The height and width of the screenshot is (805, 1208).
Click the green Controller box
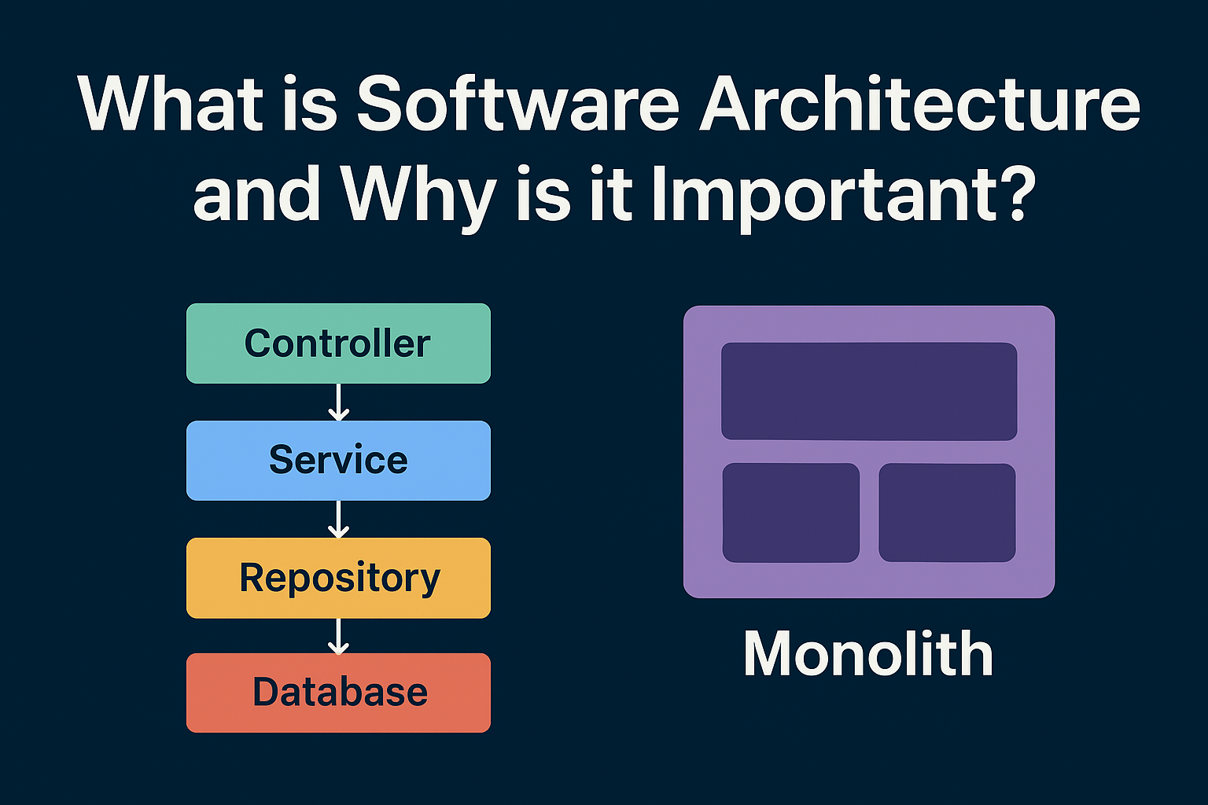coord(338,344)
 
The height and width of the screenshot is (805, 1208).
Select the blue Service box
coord(338,461)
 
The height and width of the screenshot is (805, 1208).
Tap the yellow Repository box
coord(338,578)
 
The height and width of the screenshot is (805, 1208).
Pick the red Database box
coord(338,693)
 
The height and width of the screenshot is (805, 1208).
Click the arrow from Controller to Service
coord(338,402)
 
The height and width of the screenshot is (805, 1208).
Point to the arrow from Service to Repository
coord(338,519)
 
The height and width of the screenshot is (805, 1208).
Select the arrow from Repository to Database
coord(338,636)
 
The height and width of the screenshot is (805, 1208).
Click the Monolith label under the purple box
coord(868,653)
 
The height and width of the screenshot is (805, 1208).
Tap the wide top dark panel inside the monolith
coord(869,391)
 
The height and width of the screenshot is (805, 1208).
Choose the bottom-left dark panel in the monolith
coord(791,513)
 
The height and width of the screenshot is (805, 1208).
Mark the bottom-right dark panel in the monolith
coord(948,513)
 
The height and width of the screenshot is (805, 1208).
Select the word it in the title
coord(611,194)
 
